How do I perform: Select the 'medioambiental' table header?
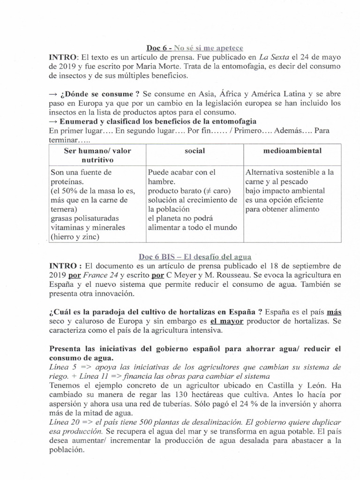(x=292, y=151)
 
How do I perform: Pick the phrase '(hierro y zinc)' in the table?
(x=75, y=237)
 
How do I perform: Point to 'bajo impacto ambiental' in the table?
(x=285, y=191)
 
